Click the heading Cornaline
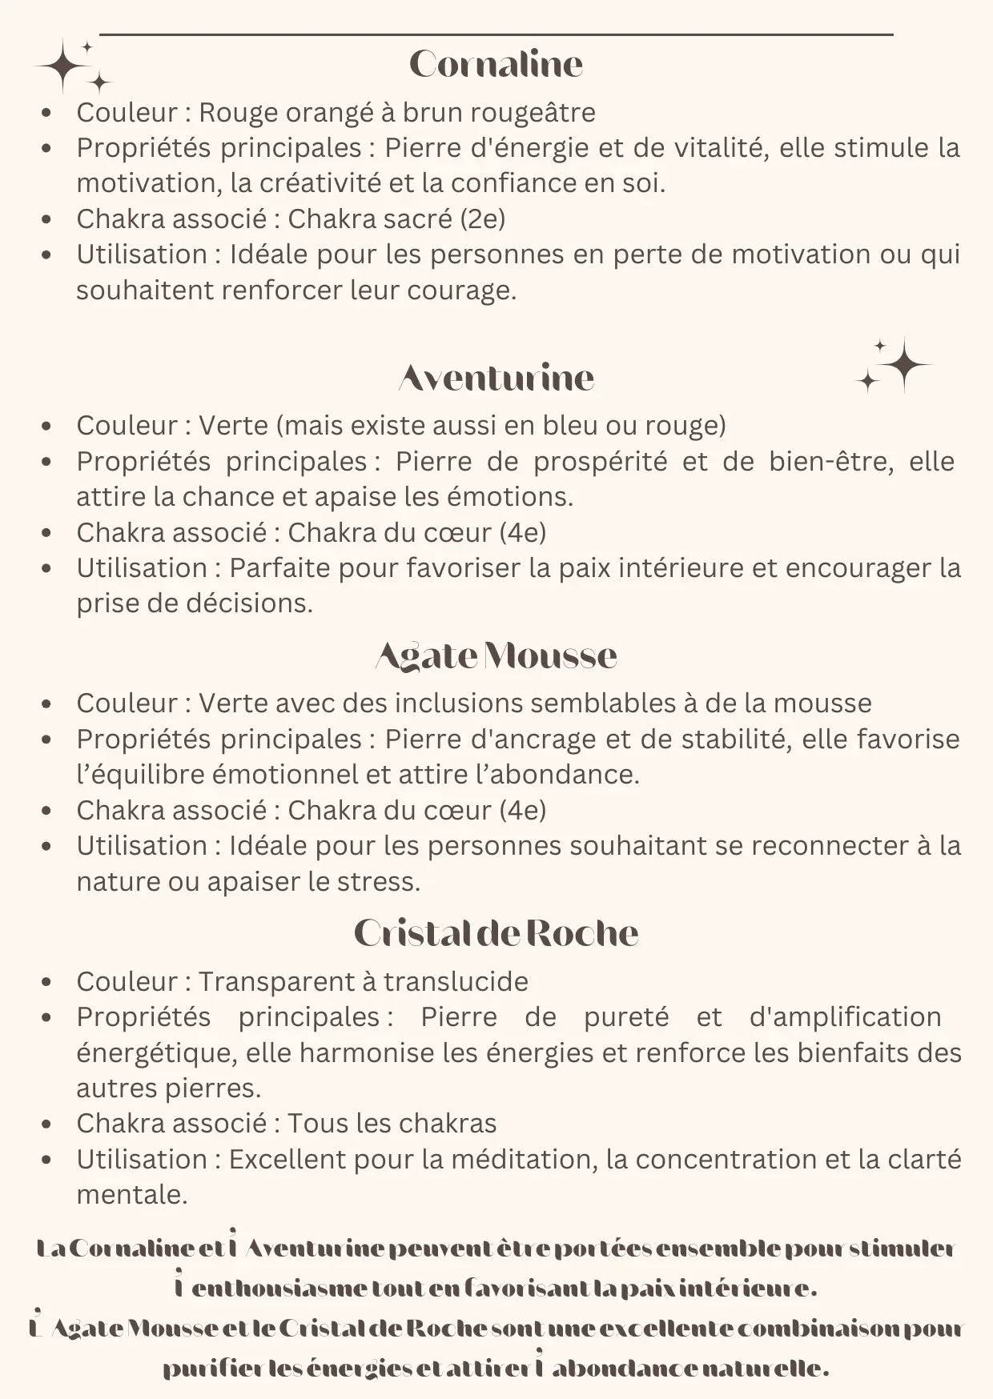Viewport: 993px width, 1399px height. (496, 65)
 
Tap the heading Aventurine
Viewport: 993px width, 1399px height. (496, 378)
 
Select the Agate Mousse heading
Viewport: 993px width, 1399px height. (496, 655)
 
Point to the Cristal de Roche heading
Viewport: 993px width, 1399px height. (496, 933)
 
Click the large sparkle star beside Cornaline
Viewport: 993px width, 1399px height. (63, 66)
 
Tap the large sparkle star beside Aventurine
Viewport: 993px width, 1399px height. (903, 364)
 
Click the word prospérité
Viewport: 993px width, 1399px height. (600, 462)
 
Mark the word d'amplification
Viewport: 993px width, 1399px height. (845, 1017)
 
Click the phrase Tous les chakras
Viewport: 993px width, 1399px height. (392, 1124)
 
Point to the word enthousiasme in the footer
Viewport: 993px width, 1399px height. (280, 1289)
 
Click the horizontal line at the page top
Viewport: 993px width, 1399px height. (496, 34)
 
